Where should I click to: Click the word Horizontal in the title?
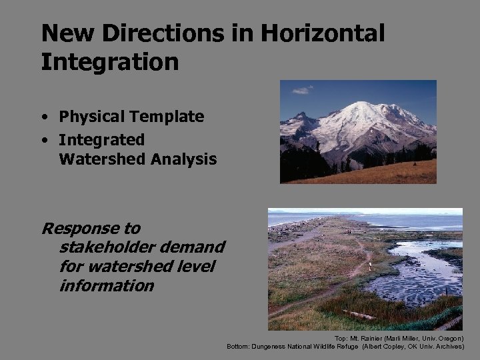[x=319, y=33]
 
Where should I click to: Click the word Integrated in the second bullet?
[x=101, y=140]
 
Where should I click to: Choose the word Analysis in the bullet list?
[x=185, y=159]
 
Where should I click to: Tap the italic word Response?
[x=91, y=229]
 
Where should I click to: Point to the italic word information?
[x=107, y=286]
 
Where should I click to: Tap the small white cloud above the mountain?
[x=303, y=90]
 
